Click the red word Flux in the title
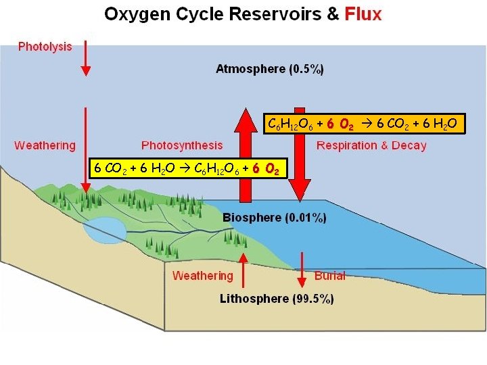(363, 14)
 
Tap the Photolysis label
(45, 47)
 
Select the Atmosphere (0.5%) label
(270, 68)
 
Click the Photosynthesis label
(182, 145)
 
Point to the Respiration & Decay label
(371, 145)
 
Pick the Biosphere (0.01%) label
(275, 218)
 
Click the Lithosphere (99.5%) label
(277, 298)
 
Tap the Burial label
(330, 275)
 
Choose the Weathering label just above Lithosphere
(202, 275)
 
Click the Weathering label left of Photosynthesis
(45, 145)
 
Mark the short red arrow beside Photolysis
(85, 58)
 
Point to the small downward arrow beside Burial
(302, 270)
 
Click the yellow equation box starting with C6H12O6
(363, 124)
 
